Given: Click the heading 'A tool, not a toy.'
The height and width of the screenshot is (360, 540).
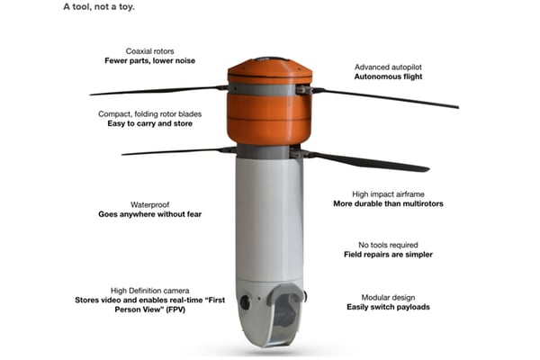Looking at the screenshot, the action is (x=99, y=7).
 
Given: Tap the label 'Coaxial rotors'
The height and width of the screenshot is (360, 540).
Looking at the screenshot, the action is (x=149, y=51).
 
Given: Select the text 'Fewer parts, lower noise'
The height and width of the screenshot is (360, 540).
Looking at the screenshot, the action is (x=149, y=60).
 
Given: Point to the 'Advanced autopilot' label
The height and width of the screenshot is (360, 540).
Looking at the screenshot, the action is (x=388, y=67).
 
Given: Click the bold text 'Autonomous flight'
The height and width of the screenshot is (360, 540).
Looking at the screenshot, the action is (x=388, y=76).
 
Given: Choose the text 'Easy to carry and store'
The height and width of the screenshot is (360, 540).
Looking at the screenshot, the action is (x=149, y=123).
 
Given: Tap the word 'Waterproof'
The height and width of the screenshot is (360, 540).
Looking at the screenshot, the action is (x=149, y=205).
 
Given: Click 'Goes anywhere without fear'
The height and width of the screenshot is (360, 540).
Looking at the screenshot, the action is (x=149, y=214).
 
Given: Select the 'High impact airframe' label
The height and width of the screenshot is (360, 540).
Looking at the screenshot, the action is (x=388, y=194).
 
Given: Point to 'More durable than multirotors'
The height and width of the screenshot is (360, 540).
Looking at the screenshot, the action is (x=388, y=203).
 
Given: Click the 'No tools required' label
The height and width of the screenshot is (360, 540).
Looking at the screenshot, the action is (x=388, y=245).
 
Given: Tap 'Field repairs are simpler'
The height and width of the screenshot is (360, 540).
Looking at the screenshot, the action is (x=388, y=255).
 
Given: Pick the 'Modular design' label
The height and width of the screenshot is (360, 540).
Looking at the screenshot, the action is (x=388, y=298).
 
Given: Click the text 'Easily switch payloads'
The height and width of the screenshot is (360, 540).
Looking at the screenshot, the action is (x=388, y=307).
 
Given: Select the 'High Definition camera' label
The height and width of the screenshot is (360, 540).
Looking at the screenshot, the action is (x=149, y=291).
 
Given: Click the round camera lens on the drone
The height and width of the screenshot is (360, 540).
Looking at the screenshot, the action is (x=245, y=302).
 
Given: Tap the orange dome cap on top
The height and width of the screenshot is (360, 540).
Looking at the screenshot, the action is (x=270, y=70).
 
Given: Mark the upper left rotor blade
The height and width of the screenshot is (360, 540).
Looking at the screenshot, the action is (x=158, y=90).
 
